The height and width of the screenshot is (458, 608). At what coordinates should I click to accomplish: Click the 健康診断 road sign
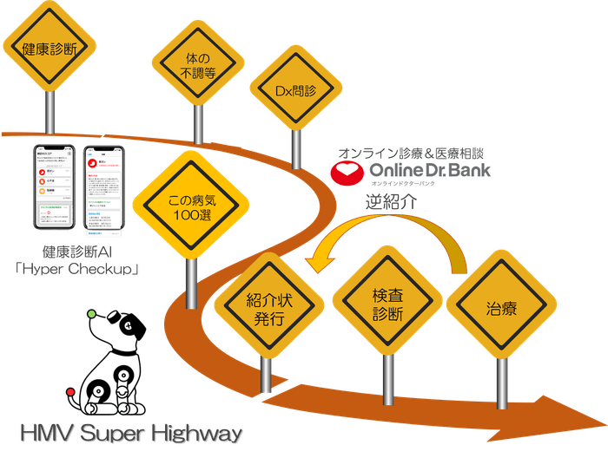tap(50, 48)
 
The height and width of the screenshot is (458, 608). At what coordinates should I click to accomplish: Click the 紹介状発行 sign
tap(267, 309)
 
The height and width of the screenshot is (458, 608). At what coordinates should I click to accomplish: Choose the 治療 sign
tap(502, 308)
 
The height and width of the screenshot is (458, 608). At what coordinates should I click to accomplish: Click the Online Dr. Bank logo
tap(411, 174)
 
